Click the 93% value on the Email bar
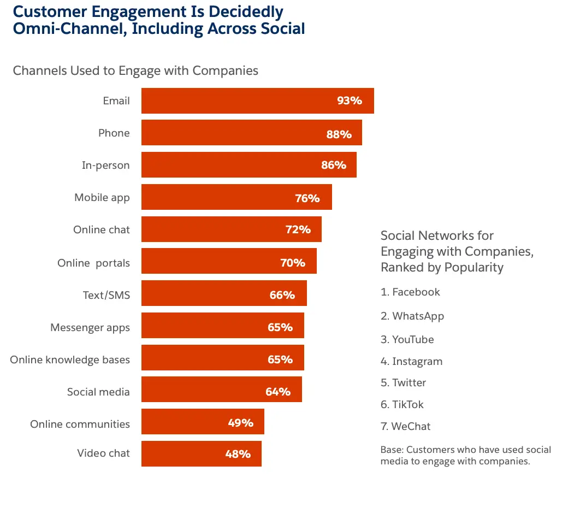pos(350,101)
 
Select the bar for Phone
pos(251,133)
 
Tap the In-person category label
pos(105,166)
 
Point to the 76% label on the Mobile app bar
pos(307,198)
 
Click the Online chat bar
pos(231,229)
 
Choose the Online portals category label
pos(93,263)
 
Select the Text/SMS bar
pos(224,294)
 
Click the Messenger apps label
pos(90,327)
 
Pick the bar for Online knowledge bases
pos(222,358)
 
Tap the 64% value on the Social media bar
pos(277,392)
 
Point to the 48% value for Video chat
pos(238,454)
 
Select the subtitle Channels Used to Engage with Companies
pos(135,70)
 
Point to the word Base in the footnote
pos(391,450)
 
